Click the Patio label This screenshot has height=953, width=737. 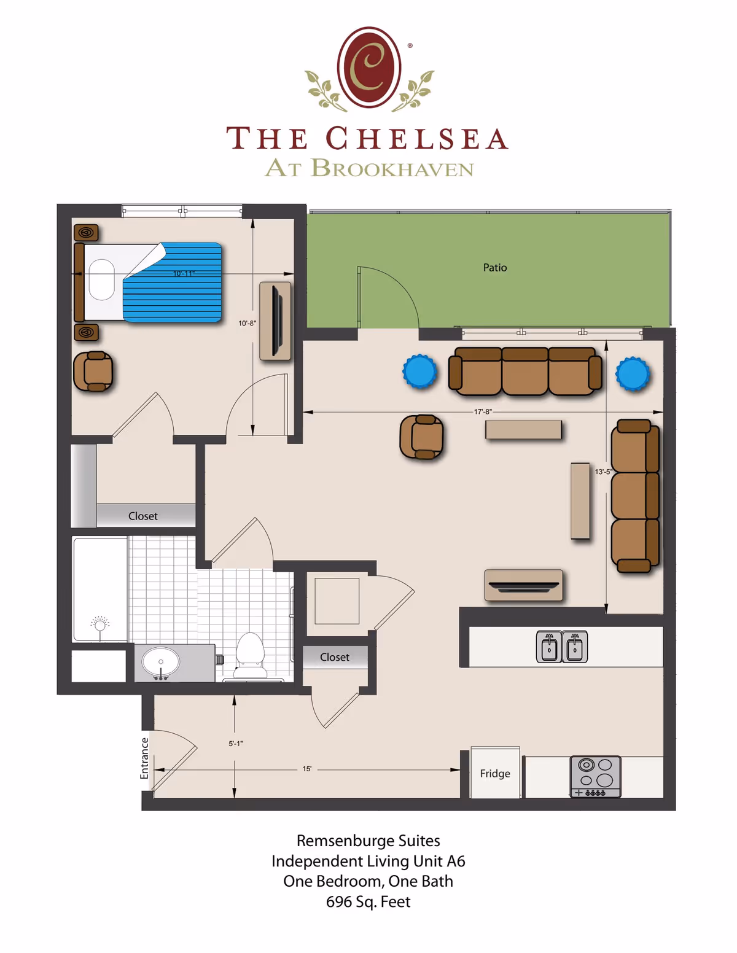[494, 268]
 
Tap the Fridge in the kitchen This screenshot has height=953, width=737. [495, 773]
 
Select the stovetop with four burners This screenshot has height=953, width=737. [595, 776]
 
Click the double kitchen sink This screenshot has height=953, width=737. [562, 647]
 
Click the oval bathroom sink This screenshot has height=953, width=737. [161, 663]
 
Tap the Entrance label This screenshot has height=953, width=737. [145, 758]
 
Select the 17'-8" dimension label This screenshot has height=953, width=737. [483, 411]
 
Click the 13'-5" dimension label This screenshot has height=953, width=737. [603, 472]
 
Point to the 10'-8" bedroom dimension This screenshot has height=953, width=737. [247, 323]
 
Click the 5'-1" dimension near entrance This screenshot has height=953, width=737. [236, 743]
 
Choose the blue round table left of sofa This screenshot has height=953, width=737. [419, 371]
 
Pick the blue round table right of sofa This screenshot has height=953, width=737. [633, 373]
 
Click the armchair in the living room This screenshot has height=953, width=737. [422, 437]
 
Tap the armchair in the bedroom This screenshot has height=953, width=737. [93, 371]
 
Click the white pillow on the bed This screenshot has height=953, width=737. [102, 279]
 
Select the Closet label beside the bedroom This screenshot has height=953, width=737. [142, 516]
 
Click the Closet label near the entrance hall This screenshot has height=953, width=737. [334, 657]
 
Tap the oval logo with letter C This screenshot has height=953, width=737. [369, 68]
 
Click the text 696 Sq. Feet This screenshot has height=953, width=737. [368, 901]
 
